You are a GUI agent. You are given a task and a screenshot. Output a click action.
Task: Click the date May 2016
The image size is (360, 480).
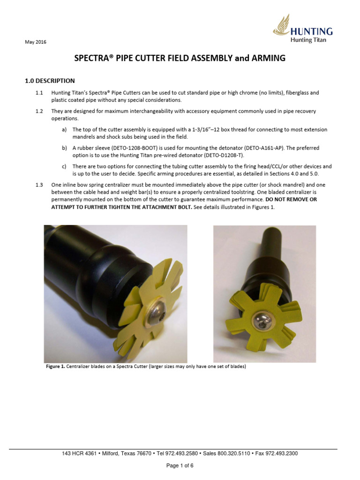pyautogui.click(x=36, y=42)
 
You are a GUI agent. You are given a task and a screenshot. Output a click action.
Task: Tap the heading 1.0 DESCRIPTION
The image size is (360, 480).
pyautogui.click(x=50, y=81)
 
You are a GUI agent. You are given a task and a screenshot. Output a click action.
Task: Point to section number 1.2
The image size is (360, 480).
pyautogui.click(x=39, y=111)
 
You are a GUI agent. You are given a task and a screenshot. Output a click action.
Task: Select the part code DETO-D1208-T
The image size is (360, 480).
pyautogui.click(x=224, y=155)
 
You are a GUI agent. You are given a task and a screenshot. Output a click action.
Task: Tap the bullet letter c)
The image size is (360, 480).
pyautogui.click(x=64, y=166)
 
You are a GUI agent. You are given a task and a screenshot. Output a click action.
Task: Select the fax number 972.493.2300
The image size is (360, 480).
pyautogui.click(x=282, y=453)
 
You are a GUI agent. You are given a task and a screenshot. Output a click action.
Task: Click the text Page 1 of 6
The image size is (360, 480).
pyautogui.click(x=180, y=465)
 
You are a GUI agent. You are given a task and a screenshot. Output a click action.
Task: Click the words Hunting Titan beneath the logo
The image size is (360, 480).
pyautogui.click(x=308, y=40)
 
